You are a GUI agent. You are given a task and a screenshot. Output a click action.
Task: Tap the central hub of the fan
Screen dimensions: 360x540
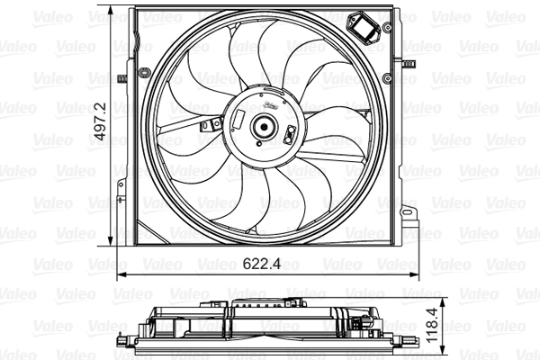pyautogui.click(x=265, y=128)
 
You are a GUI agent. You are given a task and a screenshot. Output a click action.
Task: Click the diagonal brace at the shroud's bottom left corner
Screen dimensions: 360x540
pyautogui.click(x=144, y=225)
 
